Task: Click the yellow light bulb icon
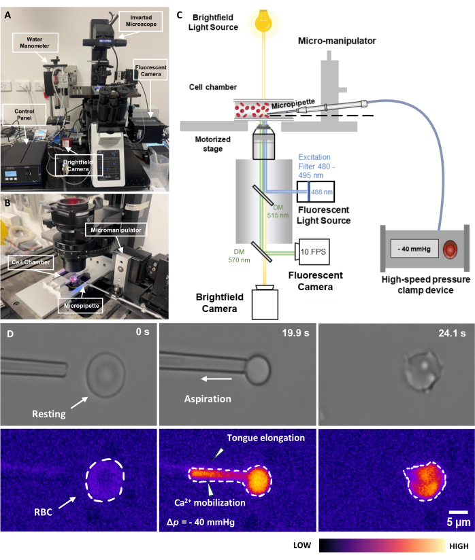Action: (x=263, y=20)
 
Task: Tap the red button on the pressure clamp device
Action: (x=451, y=249)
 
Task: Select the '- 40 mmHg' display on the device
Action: (x=414, y=249)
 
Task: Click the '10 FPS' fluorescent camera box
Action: (x=312, y=251)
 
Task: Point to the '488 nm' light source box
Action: (x=316, y=192)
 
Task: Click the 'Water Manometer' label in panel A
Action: (x=35, y=43)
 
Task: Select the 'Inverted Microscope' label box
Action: (x=141, y=20)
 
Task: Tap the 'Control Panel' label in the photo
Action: (x=24, y=114)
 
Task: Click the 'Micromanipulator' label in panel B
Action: (x=116, y=230)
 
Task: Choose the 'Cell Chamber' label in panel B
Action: (x=31, y=262)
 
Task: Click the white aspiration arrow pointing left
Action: (x=216, y=379)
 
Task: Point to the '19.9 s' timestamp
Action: (x=295, y=333)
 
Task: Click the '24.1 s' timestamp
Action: (x=452, y=333)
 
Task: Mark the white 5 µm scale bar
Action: (x=458, y=512)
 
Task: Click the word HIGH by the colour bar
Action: (x=459, y=546)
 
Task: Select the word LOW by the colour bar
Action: (x=302, y=545)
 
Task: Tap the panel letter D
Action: (x=10, y=334)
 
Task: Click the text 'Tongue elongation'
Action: (x=266, y=438)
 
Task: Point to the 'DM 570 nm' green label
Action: (x=239, y=256)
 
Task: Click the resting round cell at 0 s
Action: (x=105, y=375)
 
